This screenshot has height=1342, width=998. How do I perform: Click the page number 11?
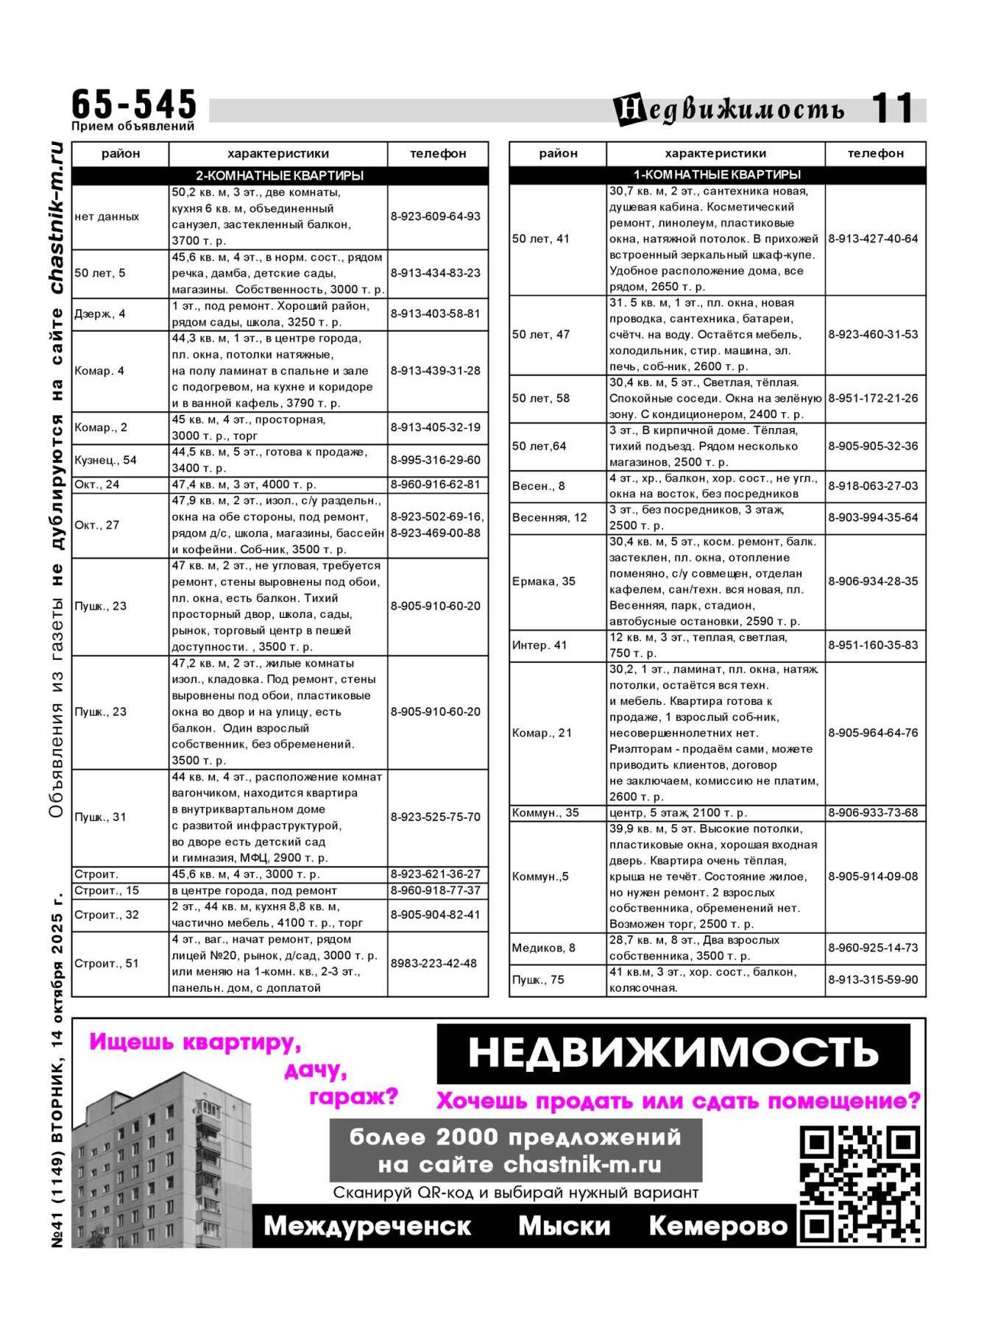(x=892, y=108)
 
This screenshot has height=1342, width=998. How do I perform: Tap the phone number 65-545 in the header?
(x=134, y=104)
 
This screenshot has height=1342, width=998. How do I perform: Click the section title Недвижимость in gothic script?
(x=729, y=110)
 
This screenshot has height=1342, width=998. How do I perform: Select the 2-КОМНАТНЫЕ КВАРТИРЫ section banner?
(x=280, y=176)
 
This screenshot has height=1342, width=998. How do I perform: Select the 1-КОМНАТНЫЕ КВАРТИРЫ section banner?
(x=717, y=174)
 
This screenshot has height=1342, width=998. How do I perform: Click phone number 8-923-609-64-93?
(x=436, y=216)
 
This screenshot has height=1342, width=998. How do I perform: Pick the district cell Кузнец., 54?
(x=106, y=460)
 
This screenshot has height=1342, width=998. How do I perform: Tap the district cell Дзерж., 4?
(x=100, y=313)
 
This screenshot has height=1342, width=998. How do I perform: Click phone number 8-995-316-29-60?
(x=436, y=460)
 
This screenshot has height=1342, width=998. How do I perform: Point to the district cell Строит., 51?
(x=107, y=963)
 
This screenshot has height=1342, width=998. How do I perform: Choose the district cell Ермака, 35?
(x=544, y=581)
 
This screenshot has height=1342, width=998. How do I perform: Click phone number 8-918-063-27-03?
(x=874, y=486)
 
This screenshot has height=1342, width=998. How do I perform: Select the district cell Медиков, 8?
(x=544, y=948)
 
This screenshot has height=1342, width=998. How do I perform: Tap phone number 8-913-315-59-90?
(x=874, y=980)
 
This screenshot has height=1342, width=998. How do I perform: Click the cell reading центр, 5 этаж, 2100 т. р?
(x=678, y=812)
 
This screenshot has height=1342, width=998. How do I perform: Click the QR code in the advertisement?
(x=860, y=1184)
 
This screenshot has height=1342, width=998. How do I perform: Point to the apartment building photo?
(x=162, y=1162)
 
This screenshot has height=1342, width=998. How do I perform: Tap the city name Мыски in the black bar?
(x=564, y=1226)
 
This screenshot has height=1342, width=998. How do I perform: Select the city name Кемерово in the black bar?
(x=718, y=1226)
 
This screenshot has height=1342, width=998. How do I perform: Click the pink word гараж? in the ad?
(x=354, y=1097)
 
